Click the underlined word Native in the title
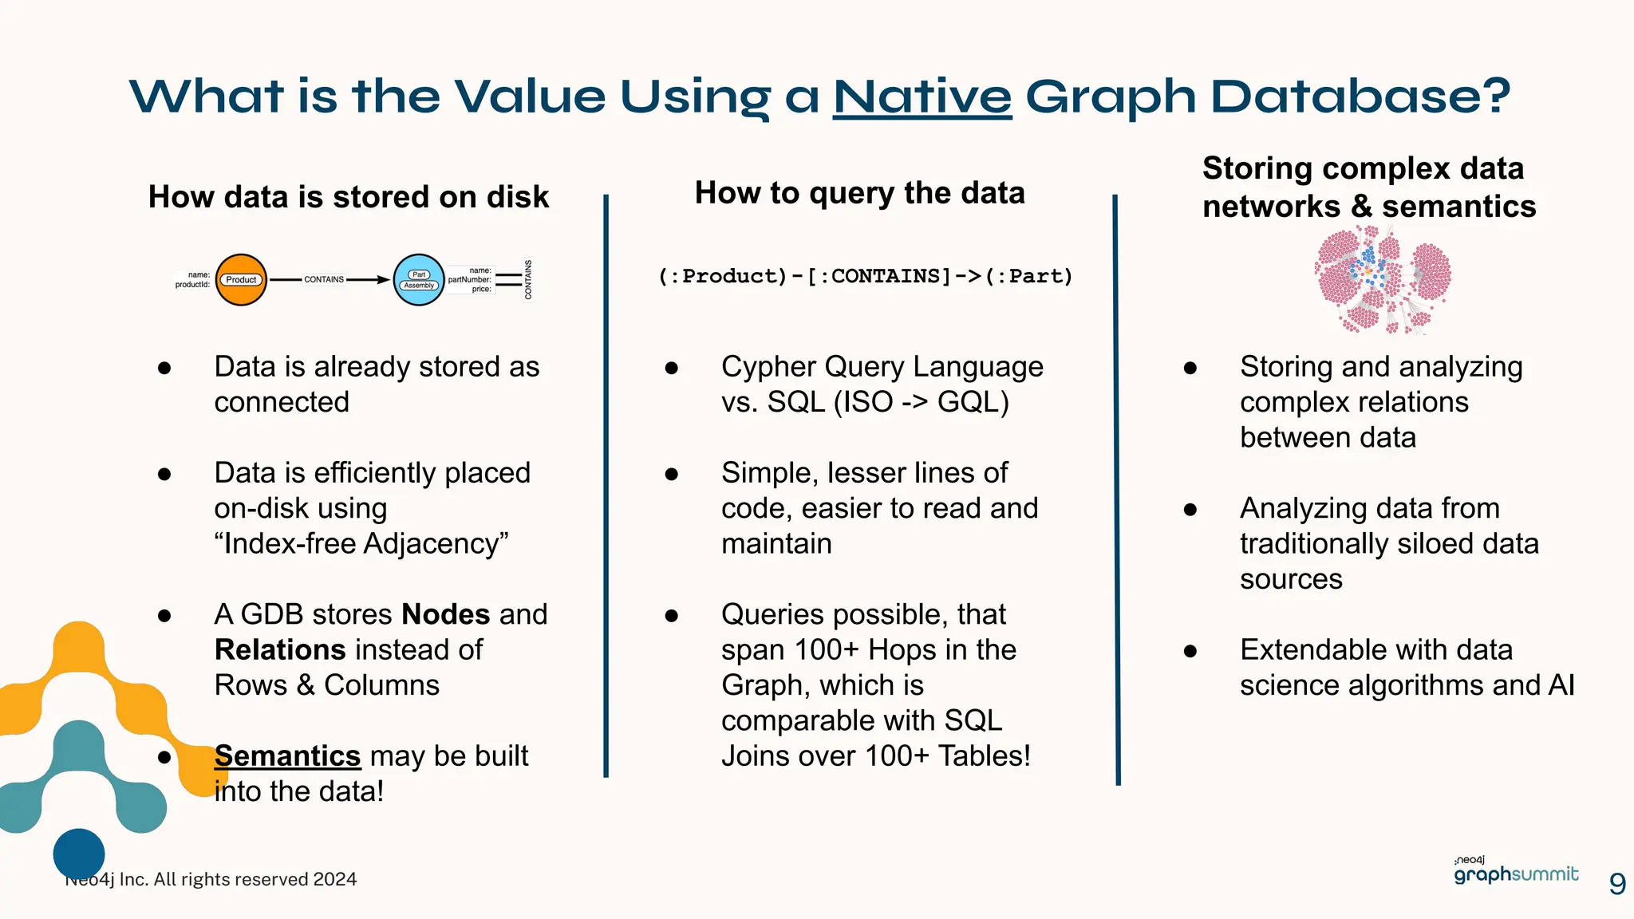click(922, 97)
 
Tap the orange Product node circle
click(241, 280)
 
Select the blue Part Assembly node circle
click(419, 280)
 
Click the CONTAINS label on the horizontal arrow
click(324, 280)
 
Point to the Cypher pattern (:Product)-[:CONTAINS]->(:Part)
click(866, 276)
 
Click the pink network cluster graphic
click(1383, 279)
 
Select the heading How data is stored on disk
click(349, 197)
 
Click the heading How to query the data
click(859, 193)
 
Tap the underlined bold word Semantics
click(287, 755)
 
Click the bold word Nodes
click(445, 614)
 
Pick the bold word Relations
click(279, 649)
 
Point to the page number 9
click(1617, 884)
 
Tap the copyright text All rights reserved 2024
click(255, 879)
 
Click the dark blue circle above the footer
click(79, 853)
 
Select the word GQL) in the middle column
click(973, 402)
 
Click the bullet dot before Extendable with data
click(1190, 651)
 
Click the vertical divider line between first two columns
click(606, 487)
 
